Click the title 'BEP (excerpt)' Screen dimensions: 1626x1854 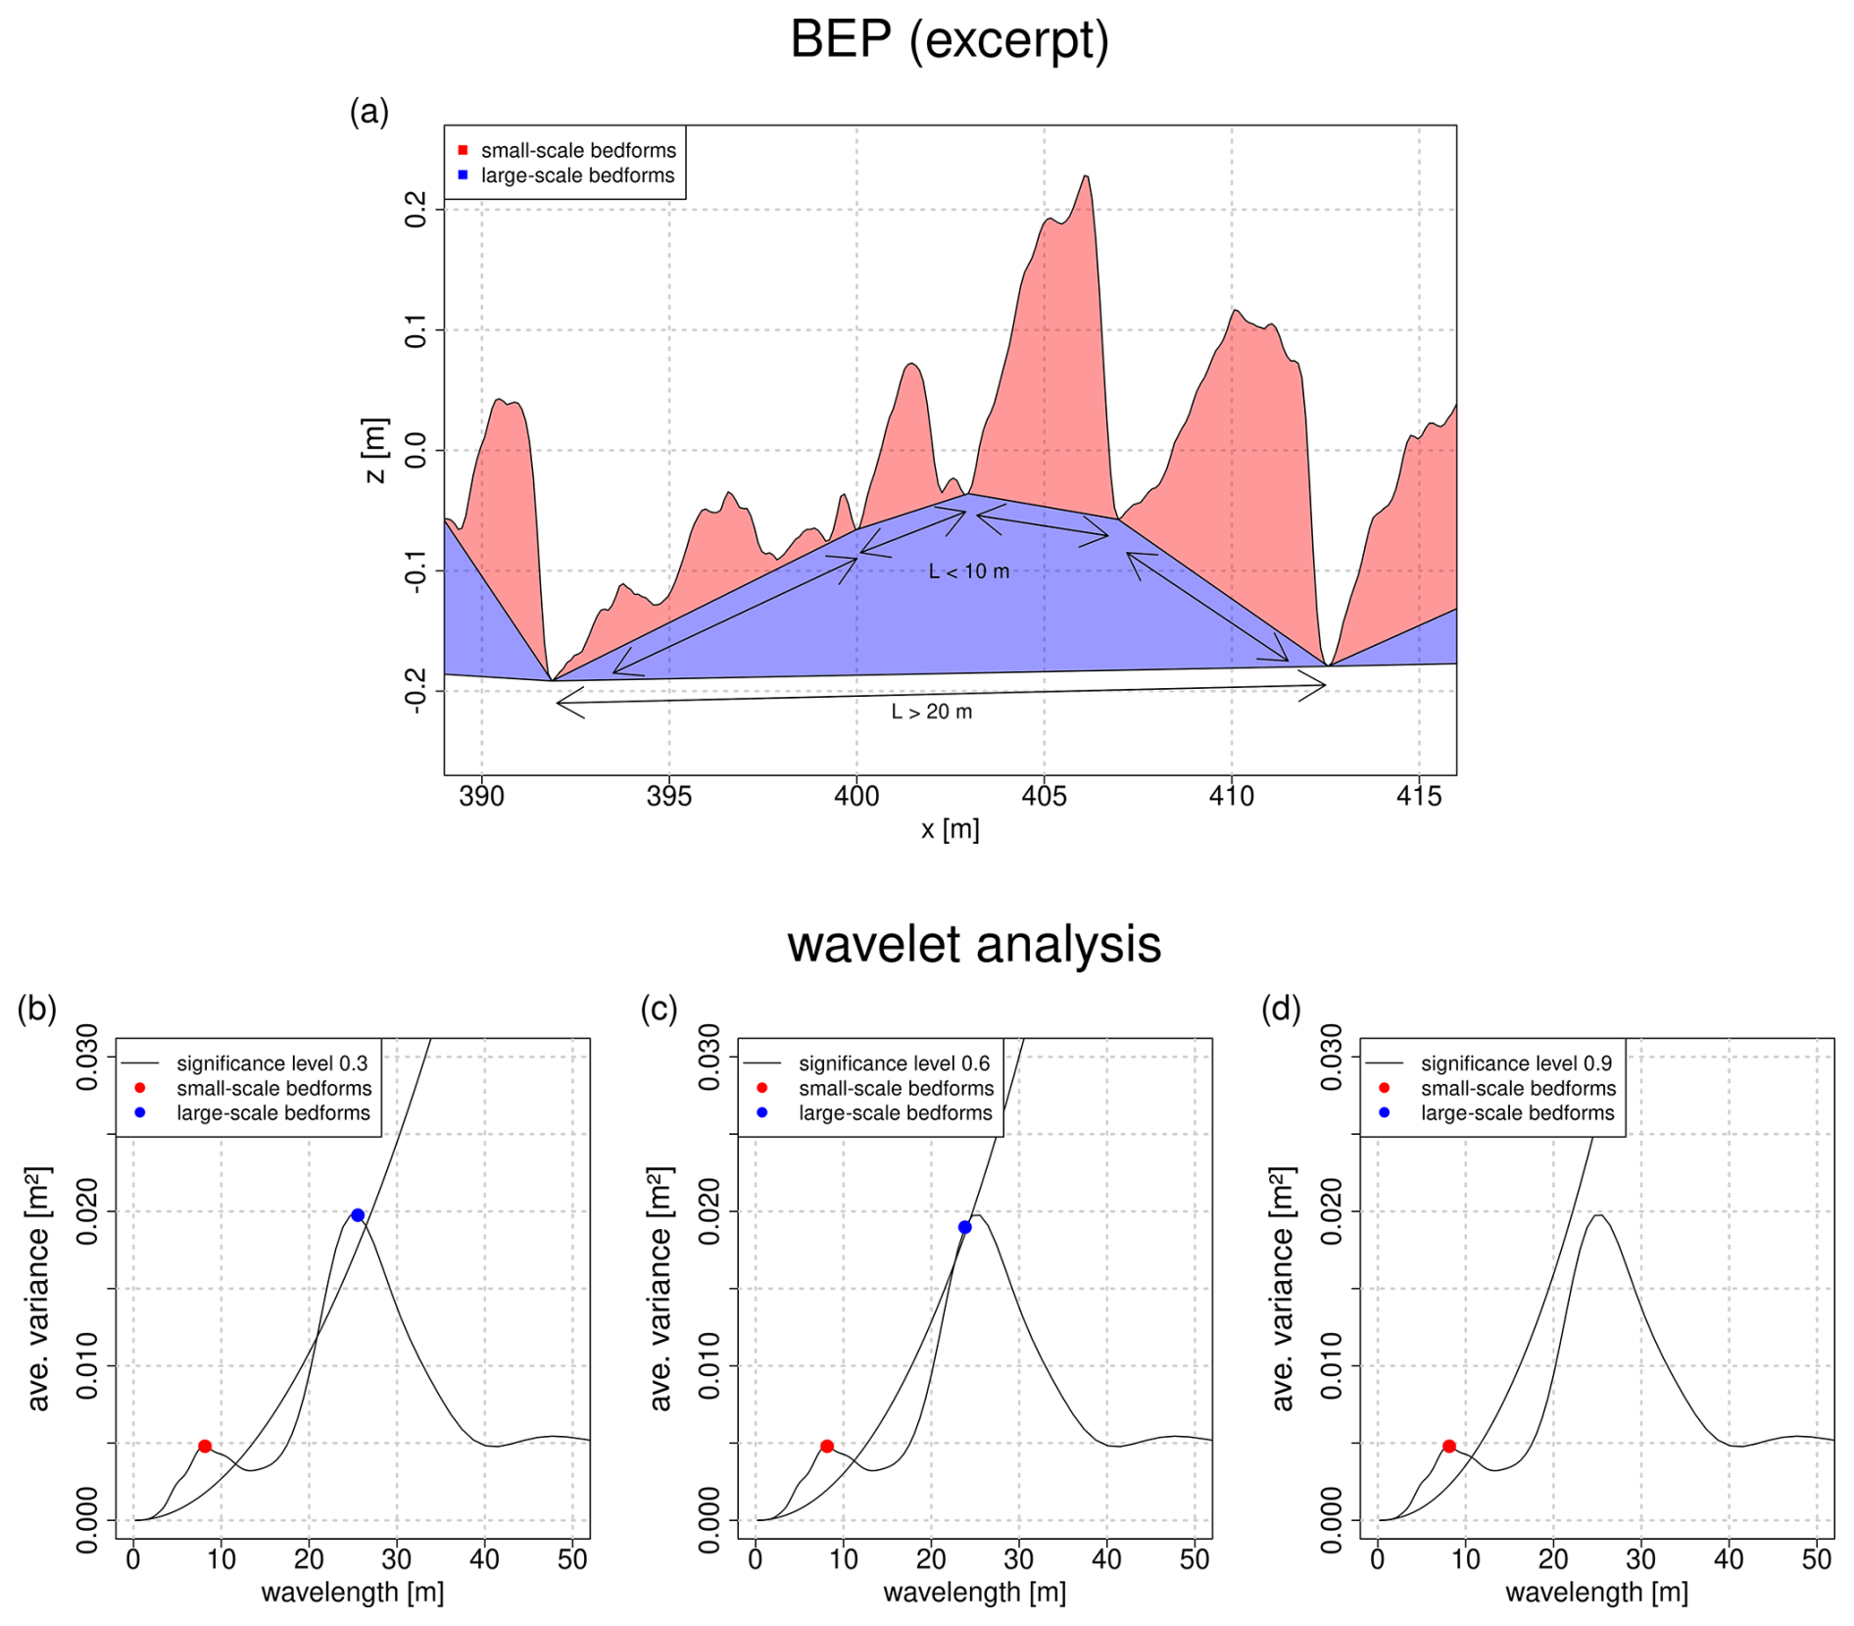tap(949, 41)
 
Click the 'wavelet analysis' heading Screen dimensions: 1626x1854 tap(973, 945)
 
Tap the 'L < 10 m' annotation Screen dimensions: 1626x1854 tap(968, 571)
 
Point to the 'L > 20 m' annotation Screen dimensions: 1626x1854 tap(931, 713)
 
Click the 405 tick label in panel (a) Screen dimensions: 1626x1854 tap(1044, 797)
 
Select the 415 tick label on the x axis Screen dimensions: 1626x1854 tap(1418, 797)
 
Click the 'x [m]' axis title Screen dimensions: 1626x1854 tap(950, 830)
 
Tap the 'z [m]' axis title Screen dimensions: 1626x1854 tap(375, 451)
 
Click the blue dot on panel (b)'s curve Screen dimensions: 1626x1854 tap(358, 1215)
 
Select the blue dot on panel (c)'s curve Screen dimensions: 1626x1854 tap(965, 1227)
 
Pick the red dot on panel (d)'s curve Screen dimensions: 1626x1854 tap(1448, 1447)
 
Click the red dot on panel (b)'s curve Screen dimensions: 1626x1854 tap(205, 1447)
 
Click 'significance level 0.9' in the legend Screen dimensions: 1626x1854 tap(1516, 1063)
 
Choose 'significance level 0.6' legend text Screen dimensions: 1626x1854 tap(894, 1063)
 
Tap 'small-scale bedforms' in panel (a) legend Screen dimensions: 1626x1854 tap(578, 151)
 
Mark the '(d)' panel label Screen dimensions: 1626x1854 tap(1281, 1010)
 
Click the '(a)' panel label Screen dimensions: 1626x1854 tap(369, 113)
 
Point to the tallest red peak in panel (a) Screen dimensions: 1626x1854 tap(1086, 178)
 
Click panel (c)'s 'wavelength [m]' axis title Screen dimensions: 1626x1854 tap(974, 1593)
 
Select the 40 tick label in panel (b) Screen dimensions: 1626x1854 tap(484, 1559)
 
